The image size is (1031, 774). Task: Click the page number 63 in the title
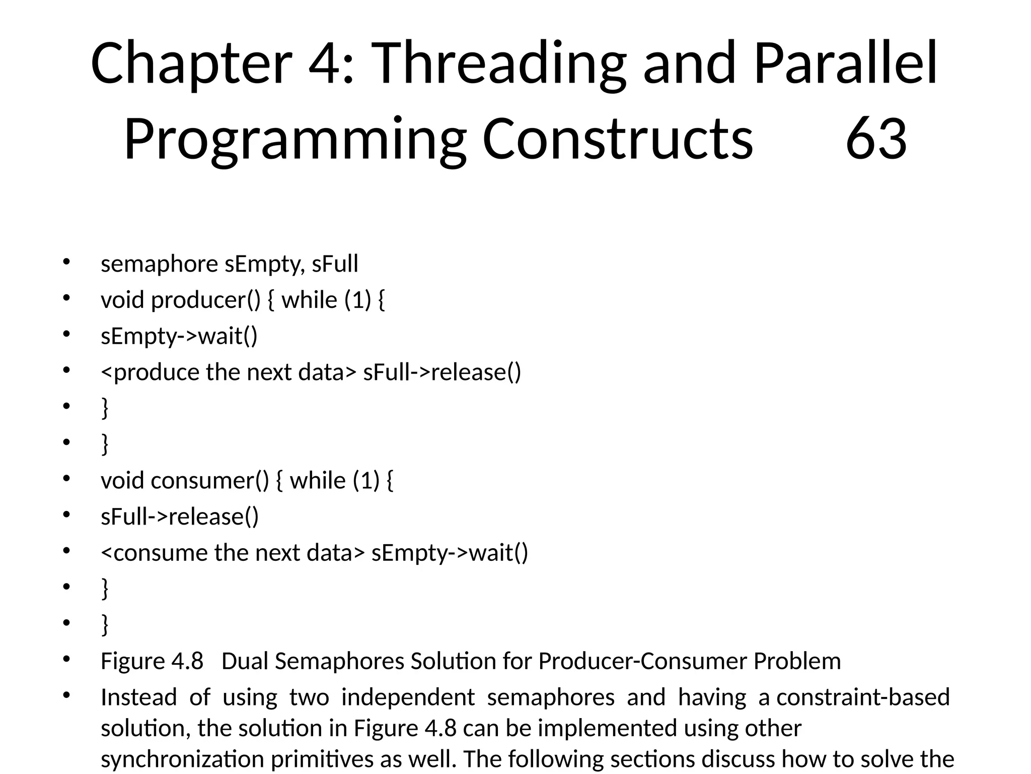click(876, 139)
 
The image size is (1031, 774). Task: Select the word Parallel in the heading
click(846, 64)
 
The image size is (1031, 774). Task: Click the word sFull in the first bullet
click(335, 264)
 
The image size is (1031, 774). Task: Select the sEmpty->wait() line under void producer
click(179, 336)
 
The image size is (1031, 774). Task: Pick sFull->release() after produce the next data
click(442, 372)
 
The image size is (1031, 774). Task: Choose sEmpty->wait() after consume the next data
click(450, 553)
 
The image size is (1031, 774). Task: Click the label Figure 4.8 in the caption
click(152, 661)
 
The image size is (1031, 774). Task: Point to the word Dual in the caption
click(244, 661)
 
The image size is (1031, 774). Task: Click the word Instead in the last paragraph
click(138, 697)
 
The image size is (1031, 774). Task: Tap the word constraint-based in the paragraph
click(863, 697)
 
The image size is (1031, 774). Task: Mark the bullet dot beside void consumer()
click(66, 479)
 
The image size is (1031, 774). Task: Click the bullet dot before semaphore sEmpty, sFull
click(66, 262)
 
